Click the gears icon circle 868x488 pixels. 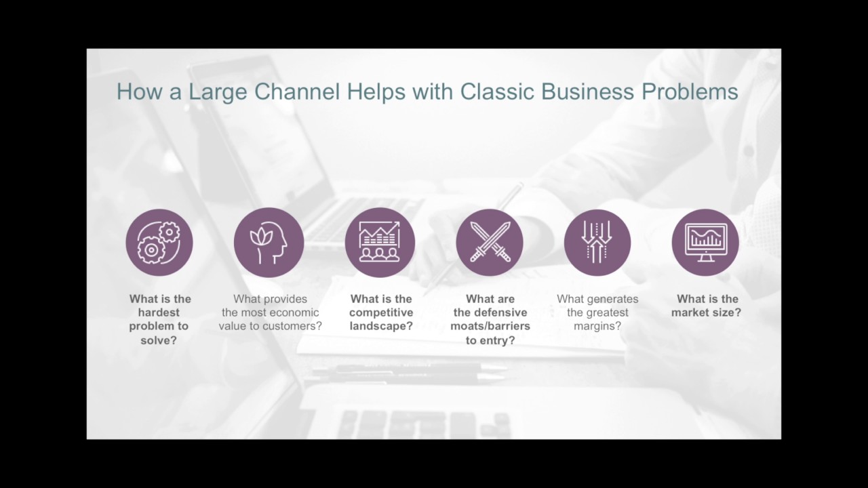click(x=159, y=243)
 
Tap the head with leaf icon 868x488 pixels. click(x=269, y=243)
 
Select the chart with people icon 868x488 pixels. click(x=380, y=243)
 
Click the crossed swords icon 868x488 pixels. click(x=490, y=243)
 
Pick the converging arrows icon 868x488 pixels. click(x=597, y=243)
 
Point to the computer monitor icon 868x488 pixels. click(x=705, y=243)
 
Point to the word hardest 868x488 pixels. click(x=159, y=312)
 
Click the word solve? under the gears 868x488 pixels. click(x=159, y=340)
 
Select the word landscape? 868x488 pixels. click(x=381, y=326)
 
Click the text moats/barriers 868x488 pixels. click(x=490, y=326)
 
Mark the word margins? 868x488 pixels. click(x=597, y=326)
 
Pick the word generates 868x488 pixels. click(x=613, y=299)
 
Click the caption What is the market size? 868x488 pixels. click(x=707, y=306)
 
